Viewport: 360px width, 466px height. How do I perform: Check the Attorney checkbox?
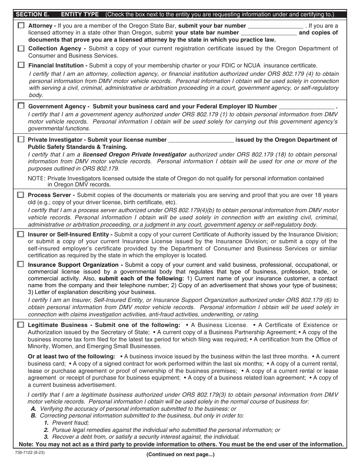pos(20,26)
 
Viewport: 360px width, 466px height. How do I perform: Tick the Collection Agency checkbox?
pos(20,48)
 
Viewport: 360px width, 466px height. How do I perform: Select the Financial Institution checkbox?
pos(20,65)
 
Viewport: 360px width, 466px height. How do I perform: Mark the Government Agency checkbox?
pos(20,106)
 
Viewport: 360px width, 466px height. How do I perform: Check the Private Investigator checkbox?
pos(20,139)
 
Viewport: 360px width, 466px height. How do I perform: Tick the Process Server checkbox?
pos(20,195)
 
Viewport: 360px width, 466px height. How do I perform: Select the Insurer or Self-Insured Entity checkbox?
pos(20,235)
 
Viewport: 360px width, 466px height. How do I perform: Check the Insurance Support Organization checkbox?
pos(20,264)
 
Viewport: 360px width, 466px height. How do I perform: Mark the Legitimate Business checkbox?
pos(20,325)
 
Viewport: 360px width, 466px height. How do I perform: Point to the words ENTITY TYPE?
pos(80,15)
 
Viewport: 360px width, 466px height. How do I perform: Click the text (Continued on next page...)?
pos(180,454)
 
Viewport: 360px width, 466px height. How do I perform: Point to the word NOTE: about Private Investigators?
pos(37,178)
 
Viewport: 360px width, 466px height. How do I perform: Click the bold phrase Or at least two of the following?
pos(72,357)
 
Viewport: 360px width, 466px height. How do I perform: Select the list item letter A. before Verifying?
pos(34,409)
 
